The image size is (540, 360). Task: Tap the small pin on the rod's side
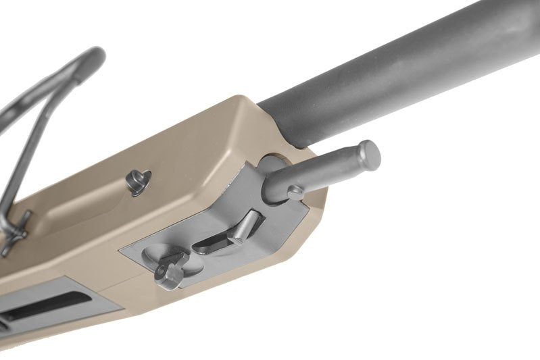[x=295, y=193]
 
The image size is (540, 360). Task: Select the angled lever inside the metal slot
[x=244, y=226]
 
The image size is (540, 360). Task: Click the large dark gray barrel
[x=406, y=68]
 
